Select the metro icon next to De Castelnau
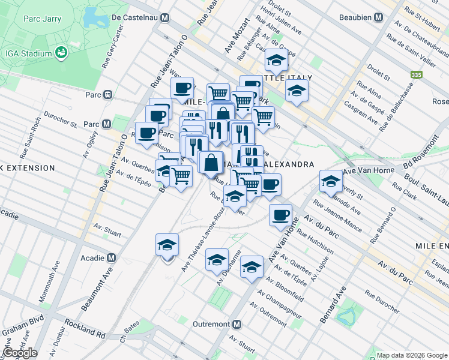pos(164,17)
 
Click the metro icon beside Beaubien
pos(379,17)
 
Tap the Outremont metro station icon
pos(238,324)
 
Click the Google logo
pos(19,353)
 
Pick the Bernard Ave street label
pos(334,305)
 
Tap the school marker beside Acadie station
pos(167,244)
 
